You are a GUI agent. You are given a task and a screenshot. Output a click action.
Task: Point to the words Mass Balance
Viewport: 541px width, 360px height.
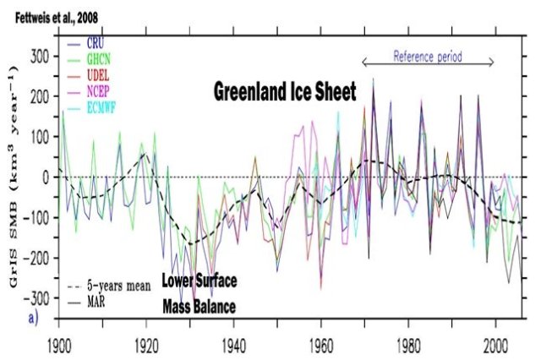pyautogui.click(x=199, y=298)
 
